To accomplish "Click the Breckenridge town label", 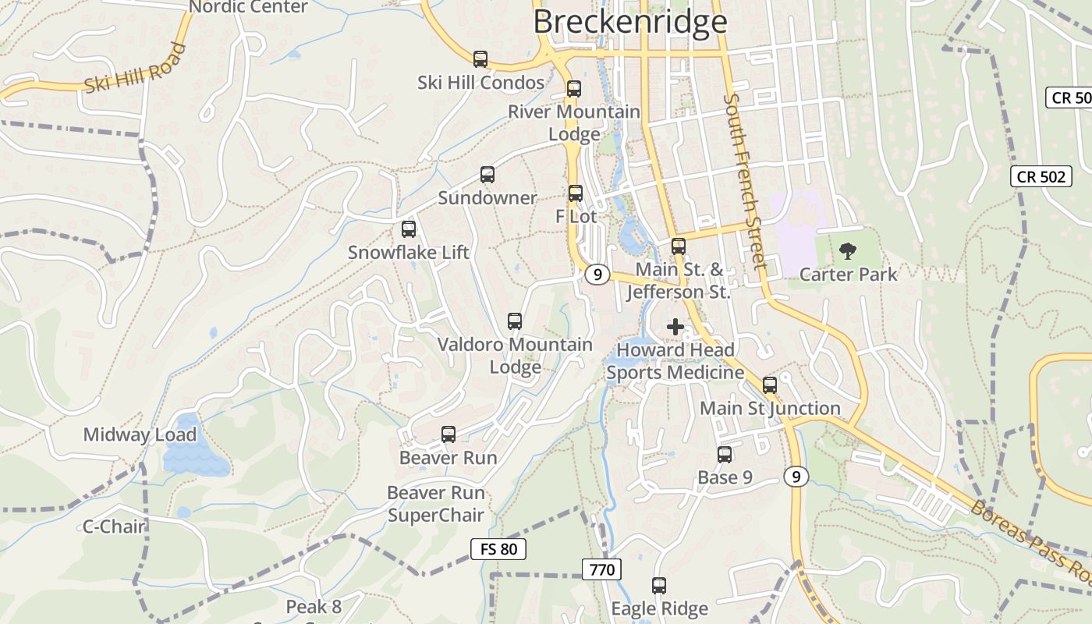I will pyautogui.click(x=630, y=21).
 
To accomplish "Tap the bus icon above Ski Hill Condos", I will pyautogui.click(x=480, y=58).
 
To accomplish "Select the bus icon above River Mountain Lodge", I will pyautogui.click(x=574, y=88).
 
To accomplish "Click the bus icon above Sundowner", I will pyautogui.click(x=487, y=175).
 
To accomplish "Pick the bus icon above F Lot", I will pyautogui.click(x=576, y=193).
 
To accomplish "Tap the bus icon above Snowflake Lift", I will pyautogui.click(x=409, y=229).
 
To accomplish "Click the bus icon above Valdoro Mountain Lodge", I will pyautogui.click(x=515, y=321).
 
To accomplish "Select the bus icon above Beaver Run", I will pyautogui.click(x=448, y=434).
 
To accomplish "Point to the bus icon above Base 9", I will pyautogui.click(x=725, y=454).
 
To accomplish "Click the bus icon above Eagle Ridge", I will pyautogui.click(x=659, y=585).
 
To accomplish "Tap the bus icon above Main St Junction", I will pyautogui.click(x=770, y=385).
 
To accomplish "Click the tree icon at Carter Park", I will pyautogui.click(x=847, y=251).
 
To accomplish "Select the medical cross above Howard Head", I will pyautogui.click(x=675, y=327).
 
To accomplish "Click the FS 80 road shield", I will pyautogui.click(x=498, y=549).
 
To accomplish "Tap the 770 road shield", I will pyautogui.click(x=601, y=569).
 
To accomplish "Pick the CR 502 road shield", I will pyautogui.click(x=1041, y=176).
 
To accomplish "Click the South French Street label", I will pyautogui.click(x=745, y=181).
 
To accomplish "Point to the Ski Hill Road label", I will pyautogui.click(x=135, y=69).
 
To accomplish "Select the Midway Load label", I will pyautogui.click(x=140, y=434).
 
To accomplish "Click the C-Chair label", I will pyautogui.click(x=114, y=526).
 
